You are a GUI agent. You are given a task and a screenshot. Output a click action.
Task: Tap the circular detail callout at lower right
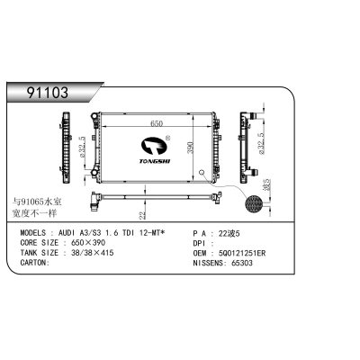click(x=256, y=191)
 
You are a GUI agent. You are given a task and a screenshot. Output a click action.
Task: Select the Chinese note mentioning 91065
click(x=36, y=208)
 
